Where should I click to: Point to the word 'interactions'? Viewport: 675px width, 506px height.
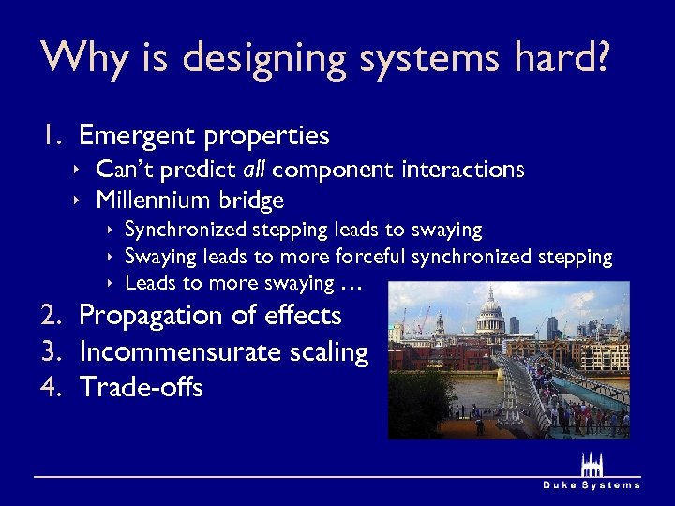pyautogui.click(x=462, y=170)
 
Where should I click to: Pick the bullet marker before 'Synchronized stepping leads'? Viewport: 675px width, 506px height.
pyautogui.click(x=112, y=230)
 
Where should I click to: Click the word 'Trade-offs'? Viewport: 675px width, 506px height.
pyautogui.click(x=141, y=386)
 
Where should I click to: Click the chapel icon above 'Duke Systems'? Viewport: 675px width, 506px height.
pyautogui.click(x=592, y=465)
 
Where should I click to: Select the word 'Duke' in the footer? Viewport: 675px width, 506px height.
pyautogui.click(x=561, y=485)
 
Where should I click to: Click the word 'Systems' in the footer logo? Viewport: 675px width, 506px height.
pyautogui.click(x=612, y=485)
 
